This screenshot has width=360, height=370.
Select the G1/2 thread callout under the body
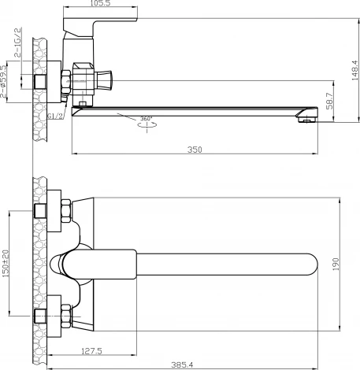55,116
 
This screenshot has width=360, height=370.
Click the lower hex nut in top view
65,318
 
